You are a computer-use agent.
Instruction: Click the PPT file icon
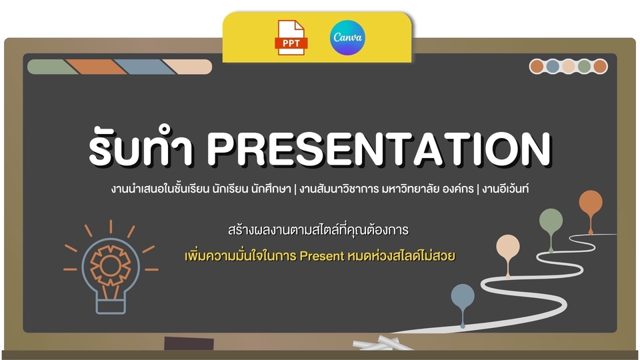click(x=291, y=37)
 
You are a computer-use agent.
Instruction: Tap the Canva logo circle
click(x=347, y=37)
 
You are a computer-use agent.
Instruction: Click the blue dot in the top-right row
click(x=553, y=66)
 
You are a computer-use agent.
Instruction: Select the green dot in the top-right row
click(x=584, y=66)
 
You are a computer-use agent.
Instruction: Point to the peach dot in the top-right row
click(x=568, y=66)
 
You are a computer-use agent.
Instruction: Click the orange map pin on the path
click(x=590, y=203)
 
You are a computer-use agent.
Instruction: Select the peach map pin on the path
click(x=507, y=248)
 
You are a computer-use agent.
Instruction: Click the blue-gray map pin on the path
click(x=463, y=297)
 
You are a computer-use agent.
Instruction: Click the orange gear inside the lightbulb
click(x=111, y=266)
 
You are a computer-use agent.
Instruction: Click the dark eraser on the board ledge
click(x=189, y=344)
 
